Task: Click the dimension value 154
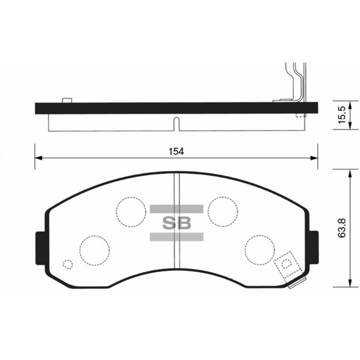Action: (176, 151)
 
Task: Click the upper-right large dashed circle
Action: (223, 211)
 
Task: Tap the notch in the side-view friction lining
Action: (176, 124)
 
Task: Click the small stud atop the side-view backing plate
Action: (66, 100)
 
